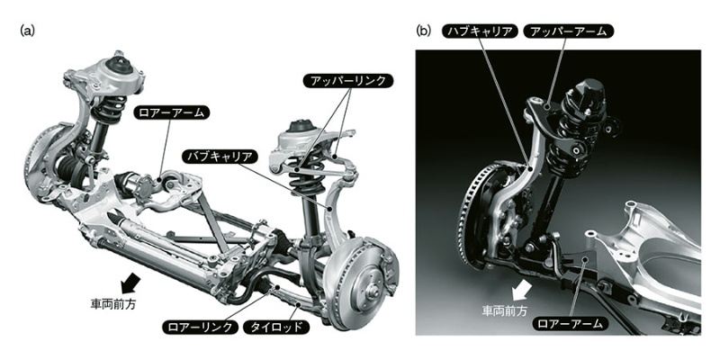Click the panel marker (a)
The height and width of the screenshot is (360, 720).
(28, 31)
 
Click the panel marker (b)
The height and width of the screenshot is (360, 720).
(423, 31)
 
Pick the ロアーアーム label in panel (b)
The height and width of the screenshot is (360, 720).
(570, 324)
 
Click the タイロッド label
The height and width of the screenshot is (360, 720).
(276, 328)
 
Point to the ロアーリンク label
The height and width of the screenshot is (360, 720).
(200, 328)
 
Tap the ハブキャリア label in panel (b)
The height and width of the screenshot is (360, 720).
(481, 31)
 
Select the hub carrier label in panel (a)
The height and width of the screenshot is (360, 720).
(219, 156)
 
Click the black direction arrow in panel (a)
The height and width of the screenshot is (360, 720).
(130, 283)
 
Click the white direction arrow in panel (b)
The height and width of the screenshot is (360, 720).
(522, 289)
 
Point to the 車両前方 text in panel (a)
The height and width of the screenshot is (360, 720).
(114, 304)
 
